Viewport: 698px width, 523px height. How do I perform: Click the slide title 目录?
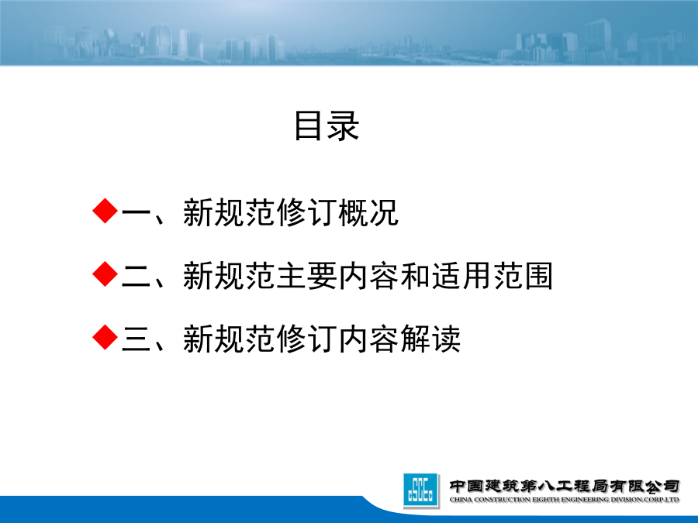(x=327, y=126)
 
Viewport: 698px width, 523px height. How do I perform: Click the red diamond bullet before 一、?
(x=105, y=211)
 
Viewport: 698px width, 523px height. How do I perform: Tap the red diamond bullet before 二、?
(x=105, y=274)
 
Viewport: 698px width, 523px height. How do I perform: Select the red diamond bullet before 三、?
(x=105, y=337)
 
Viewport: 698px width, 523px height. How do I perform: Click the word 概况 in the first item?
(x=368, y=212)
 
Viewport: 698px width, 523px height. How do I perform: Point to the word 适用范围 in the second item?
(x=492, y=276)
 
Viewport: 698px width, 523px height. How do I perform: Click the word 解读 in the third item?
(x=430, y=339)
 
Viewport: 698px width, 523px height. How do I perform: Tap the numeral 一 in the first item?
(x=136, y=212)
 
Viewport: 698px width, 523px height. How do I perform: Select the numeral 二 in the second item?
(x=136, y=276)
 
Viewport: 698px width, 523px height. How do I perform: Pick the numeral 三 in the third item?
(x=136, y=339)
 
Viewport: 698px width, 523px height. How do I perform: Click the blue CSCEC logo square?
(x=420, y=490)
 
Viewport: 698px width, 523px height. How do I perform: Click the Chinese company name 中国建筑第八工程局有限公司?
(x=565, y=486)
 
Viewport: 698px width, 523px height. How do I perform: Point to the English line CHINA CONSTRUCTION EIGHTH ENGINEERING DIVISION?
(x=565, y=500)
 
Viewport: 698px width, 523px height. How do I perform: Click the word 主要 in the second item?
(x=306, y=276)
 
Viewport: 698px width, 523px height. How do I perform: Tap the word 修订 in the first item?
(x=306, y=212)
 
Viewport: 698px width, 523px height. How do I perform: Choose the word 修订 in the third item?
(x=306, y=339)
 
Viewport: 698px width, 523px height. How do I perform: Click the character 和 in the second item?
(x=416, y=276)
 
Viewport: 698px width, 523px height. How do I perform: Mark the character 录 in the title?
(x=344, y=126)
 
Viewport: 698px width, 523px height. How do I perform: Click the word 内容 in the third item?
(x=368, y=339)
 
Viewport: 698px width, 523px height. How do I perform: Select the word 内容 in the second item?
(x=368, y=276)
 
